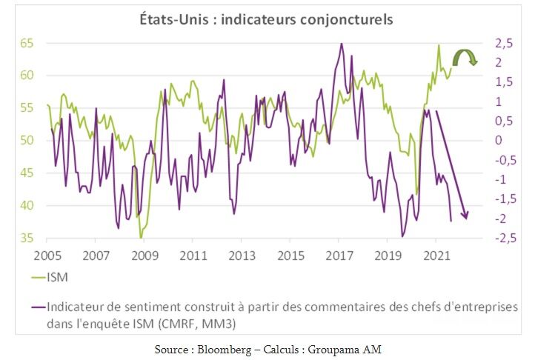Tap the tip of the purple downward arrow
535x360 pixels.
tap(466, 217)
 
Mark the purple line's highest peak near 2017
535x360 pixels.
tap(341, 44)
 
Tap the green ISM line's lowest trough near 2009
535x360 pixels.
tap(141, 238)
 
